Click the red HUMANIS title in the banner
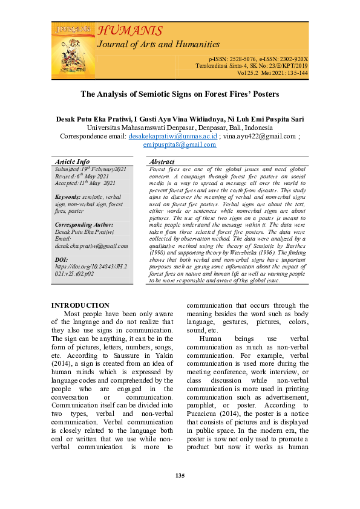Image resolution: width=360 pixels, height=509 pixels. coord(129,31)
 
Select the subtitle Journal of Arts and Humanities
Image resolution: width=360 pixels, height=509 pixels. coord(159,44)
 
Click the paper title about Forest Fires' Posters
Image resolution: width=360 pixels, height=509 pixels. coord(180,94)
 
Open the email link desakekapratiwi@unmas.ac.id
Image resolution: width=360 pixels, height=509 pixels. coord(172,137)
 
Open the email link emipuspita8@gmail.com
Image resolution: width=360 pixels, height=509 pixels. coord(180,145)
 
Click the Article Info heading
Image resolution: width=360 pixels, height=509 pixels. coord(73,161)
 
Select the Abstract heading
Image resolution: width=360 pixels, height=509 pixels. coord(162,162)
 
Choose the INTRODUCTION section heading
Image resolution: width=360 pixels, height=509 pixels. coord(80,305)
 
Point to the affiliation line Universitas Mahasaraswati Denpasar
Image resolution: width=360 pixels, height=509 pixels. coord(180,128)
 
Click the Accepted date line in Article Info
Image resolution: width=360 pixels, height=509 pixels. coord(85,183)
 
